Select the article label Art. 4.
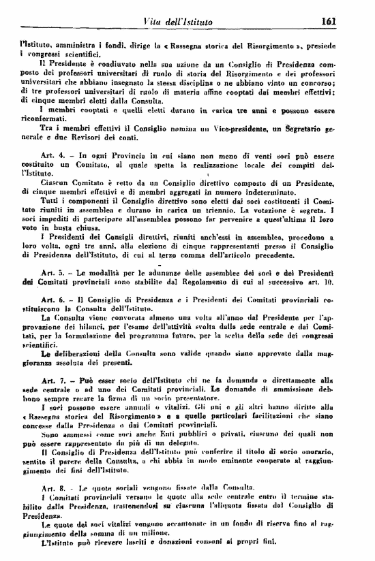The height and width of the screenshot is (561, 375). (52, 156)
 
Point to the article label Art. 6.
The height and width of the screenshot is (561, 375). (52, 300)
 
